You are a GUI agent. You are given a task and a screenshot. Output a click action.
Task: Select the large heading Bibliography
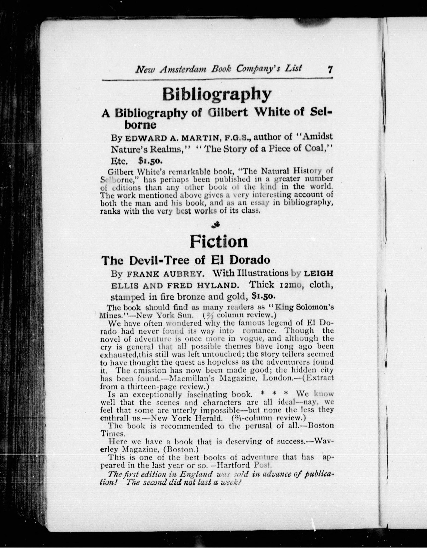coord(217,95)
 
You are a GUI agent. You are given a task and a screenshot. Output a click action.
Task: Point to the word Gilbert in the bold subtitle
coord(228,112)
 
